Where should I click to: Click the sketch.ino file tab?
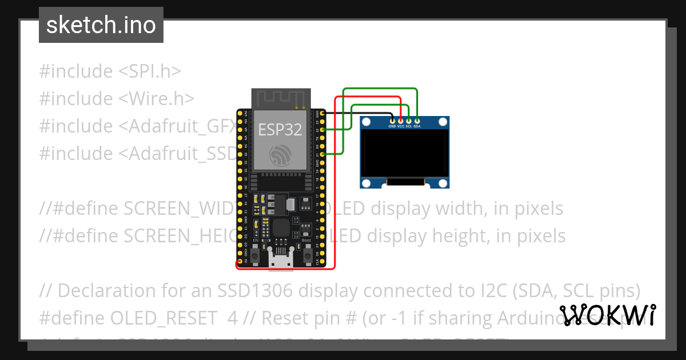click(x=101, y=25)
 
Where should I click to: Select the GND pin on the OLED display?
click(x=392, y=121)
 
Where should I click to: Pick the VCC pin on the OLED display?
click(x=401, y=121)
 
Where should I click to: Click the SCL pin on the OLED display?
click(x=409, y=121)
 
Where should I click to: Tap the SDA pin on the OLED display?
click(x=417, y=121)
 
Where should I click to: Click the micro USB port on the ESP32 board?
click(x=281, y=261)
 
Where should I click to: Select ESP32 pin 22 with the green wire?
click(x=324, y=130)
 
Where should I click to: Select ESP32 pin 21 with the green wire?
click(x=324, y=154)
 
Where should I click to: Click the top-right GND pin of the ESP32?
click(x=324, y=114)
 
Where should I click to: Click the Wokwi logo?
click(x=608, y=315)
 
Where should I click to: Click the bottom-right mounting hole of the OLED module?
click(x=442, y=182)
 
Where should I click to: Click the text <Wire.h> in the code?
click(x=157, y=99)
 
